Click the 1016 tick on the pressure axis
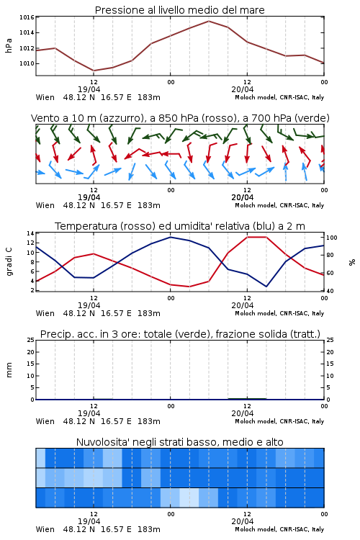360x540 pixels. (x=27, y=17)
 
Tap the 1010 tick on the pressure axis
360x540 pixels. (x=27, y=63)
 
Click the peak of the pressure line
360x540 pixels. (x=208, y=21)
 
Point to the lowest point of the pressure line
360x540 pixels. (x=94, y=71)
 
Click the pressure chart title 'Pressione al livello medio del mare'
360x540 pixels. (x=180, y=10)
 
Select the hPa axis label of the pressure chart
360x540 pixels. (x=9, y=46)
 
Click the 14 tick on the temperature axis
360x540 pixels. (x=30, y=233)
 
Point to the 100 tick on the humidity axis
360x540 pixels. (x=332, y=238)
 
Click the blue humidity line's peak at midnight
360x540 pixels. (x=170, y=237)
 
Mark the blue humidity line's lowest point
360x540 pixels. (x=266, y=287)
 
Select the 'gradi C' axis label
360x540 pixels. (x=9, y=261)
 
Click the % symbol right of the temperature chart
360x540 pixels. (x=352, y=262)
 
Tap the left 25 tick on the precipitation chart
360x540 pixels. (x=30, y=340)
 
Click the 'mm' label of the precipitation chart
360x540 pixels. (x=9, y=369)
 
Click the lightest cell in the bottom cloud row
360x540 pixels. (x=189, y=498)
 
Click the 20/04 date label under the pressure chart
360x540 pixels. (x=243, y=89)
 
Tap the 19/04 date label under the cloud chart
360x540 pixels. (x=89, y=521)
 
